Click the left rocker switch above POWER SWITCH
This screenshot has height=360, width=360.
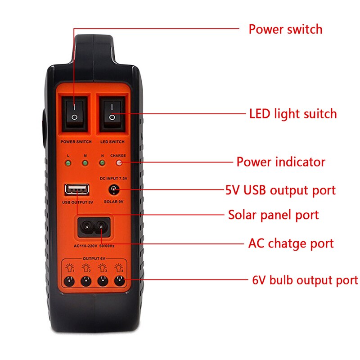pos(74,113)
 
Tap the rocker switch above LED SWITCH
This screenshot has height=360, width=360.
pos(112,113)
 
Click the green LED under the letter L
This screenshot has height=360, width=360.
pos(68,163)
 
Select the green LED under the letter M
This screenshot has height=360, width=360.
pos(85,163)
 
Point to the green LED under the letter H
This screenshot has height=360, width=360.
pos(102,163)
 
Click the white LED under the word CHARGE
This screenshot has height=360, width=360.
pos(119,163)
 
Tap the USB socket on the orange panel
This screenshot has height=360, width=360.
pos(77,189)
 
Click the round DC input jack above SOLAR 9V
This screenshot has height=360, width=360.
pos(114,189)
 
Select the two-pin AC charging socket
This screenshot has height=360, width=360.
pos(94,227)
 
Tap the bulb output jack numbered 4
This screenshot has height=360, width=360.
pos(119,281)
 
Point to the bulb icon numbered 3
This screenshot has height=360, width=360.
pos(103,268)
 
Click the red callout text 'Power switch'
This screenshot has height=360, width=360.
pos(286,29)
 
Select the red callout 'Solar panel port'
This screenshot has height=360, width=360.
pos(274,215)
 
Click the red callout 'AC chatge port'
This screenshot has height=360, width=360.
pos(291,243)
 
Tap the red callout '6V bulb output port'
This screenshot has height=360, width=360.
pos(305,280)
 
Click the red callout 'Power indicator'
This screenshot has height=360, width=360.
pos(281,162)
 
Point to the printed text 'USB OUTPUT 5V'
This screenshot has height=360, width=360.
pos(77,202)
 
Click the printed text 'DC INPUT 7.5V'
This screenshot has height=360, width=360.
pos(113,178)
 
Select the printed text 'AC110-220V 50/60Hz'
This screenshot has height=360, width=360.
pos(94,246)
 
